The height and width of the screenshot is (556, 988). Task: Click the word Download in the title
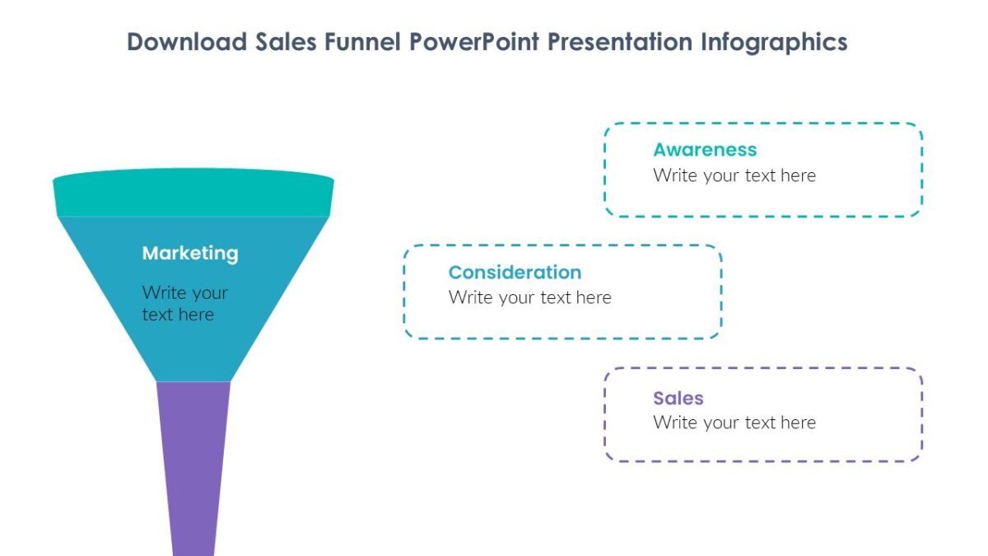coord(187,42)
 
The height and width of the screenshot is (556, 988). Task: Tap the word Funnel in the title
coord(362,42)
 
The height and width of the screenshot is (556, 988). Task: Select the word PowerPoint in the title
coord(474,42)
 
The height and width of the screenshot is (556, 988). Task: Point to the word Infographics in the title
coord(774,43)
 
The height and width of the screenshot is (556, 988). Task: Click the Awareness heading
coord(705,150)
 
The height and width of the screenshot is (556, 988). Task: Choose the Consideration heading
coord(515,273)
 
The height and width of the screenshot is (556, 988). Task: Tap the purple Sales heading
coord(678,398)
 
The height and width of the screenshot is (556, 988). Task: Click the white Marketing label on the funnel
coord(190,254)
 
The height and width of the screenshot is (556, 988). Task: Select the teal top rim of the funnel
coord(193,193)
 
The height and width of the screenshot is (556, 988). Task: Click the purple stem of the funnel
coord(193,469)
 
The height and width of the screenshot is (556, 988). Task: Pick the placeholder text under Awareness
coord(734,175)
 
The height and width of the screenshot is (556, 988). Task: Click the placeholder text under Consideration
coord(529,298)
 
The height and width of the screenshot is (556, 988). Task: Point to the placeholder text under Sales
coord(734,423)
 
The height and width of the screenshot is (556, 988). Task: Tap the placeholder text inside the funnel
coord(184,304)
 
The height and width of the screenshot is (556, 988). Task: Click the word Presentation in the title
coord(620,42)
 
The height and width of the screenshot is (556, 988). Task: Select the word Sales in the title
coord(286,42)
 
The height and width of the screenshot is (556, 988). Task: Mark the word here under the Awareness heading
coord(799,175)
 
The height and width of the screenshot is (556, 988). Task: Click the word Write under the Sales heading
coord(675,423)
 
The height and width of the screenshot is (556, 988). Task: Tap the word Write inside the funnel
coord(164,292)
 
